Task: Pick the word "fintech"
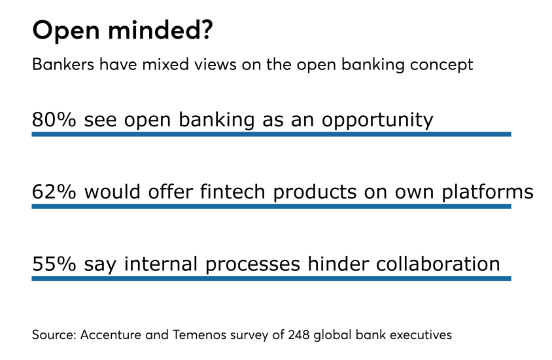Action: click(237, 192)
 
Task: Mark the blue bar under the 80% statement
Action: click(271, 134)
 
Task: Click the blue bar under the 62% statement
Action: click(271, 206)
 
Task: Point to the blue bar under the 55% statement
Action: click(271, 278)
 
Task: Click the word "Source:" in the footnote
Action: click(52, 335)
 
